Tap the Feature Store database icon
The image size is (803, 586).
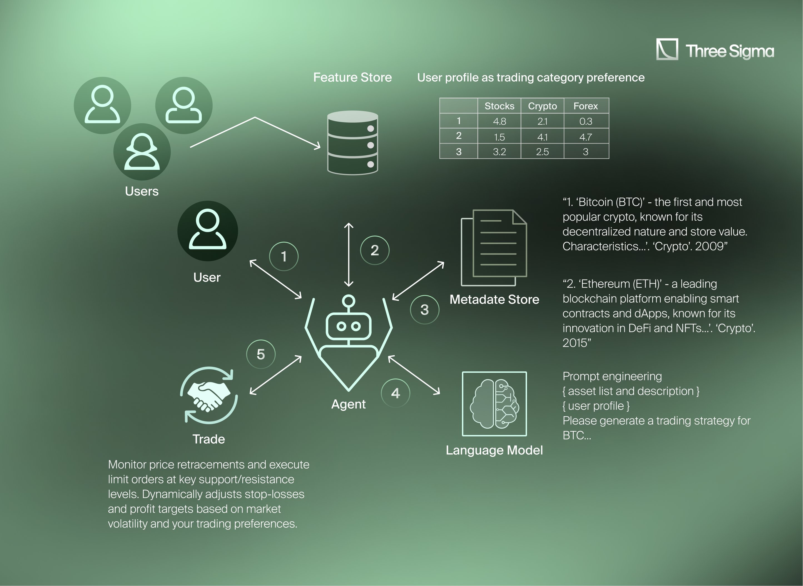click(x=352, y=143)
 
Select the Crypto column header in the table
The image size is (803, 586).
click(x=542, y=106)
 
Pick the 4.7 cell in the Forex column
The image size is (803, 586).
click(x=585, y=137)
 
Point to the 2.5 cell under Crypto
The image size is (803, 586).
click(x=542, y=152)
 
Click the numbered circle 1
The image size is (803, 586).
click(x=284, y=256)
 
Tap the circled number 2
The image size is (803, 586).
click(x=374, y=250)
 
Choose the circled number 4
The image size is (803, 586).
click(x=395, y=393)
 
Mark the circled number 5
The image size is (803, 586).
click(x=261, y=354)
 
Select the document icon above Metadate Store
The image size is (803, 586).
click(x=494, y=247)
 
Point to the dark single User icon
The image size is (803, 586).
click(x=207, y=231)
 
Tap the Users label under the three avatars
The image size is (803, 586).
click(x=142, y=191)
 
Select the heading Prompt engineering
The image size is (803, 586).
click(x=612, y=376)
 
